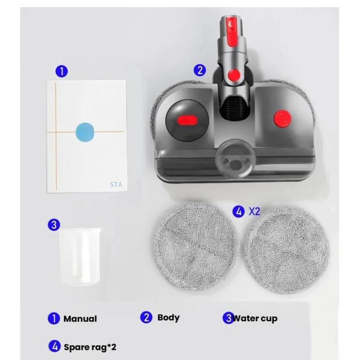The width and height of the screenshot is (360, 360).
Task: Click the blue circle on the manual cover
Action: click(x=86, y=132)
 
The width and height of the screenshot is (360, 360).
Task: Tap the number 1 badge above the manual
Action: click(x=60, y=71)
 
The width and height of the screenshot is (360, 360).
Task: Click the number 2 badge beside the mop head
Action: click(x=200, y=70)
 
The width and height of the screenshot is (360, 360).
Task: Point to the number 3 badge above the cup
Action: click(x=54, y=224)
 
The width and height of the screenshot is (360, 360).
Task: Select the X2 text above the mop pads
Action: click(x=254, y=211)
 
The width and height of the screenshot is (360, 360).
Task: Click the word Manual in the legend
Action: click(x=80, y=319)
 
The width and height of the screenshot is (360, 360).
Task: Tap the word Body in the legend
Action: click(x=168, y=317)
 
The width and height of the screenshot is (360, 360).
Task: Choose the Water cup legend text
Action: click(x=255, y=318)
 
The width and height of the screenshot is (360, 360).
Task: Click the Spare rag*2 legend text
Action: click(x=90, y=347)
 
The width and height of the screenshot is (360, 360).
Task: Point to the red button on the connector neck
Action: click(x=234, y=74)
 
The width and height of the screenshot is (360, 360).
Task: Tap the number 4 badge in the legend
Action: click(x=54, y=346)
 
